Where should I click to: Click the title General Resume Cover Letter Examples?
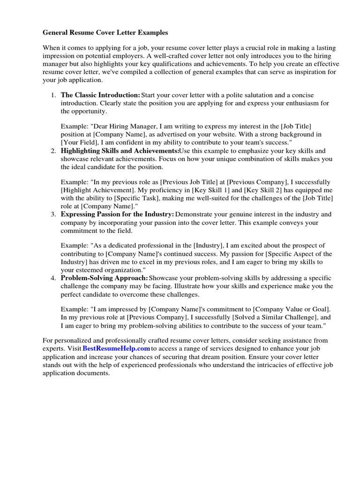tap(105, 33)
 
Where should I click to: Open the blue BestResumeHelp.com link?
tap(116, 349)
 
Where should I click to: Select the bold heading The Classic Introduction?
tap(100, 95)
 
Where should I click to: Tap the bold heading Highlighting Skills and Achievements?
tap(120, 151)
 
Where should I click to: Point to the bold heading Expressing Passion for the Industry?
tap(117, 214)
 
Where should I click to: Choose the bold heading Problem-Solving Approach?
tap(105, 278)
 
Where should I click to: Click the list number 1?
tap(53, 95)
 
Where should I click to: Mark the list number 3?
tap(53, 214)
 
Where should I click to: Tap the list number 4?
tap(53, 278)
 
